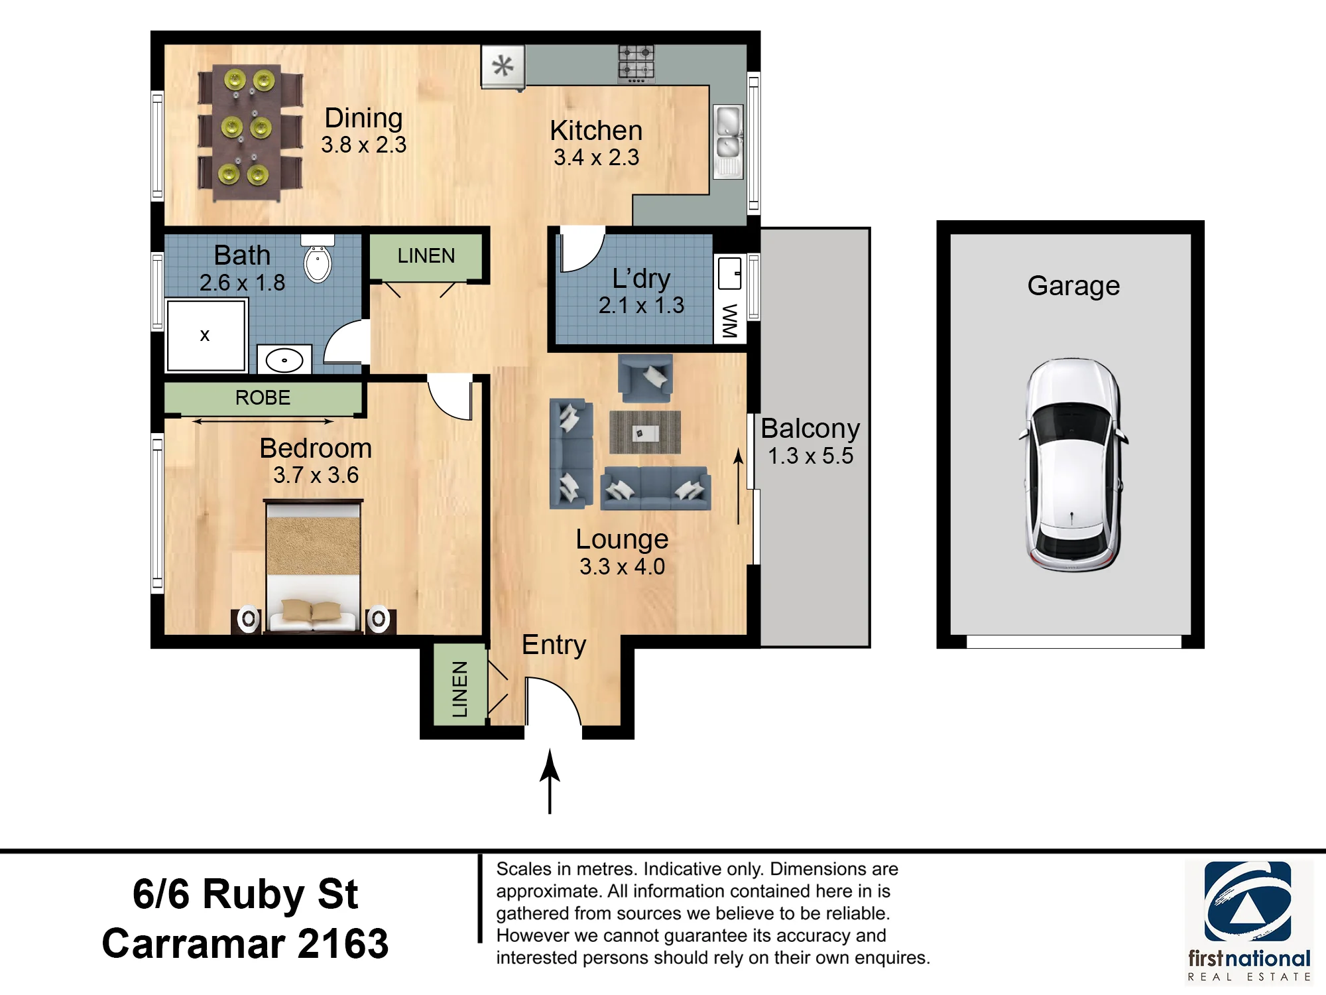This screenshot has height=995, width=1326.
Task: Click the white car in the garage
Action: (1073, 464)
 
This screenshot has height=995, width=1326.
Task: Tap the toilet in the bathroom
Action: (318, 259)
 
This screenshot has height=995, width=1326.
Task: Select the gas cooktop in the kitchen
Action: (636, 63)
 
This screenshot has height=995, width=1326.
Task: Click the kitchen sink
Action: (728, 141)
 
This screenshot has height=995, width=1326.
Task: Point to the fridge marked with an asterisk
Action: (503, 66)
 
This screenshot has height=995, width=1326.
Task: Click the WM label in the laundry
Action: (730, 321)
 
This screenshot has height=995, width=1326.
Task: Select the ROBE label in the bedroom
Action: (263, 397)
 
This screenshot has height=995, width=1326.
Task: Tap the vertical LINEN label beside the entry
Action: (459, 689)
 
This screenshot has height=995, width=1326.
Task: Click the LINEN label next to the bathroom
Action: (426, 255)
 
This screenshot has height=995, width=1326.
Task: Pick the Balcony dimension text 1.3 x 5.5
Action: (810, 456)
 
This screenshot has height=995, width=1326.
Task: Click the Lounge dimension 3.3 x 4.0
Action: (622, 566)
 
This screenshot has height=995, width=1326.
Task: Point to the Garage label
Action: (1073, 286)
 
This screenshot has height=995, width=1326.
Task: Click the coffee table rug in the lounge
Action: (645, 432)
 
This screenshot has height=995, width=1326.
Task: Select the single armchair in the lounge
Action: (645, 379)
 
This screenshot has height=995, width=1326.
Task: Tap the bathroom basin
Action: (284, 360)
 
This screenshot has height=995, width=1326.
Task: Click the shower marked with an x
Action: (206, 335)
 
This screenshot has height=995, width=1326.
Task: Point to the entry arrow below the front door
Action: (550, 781)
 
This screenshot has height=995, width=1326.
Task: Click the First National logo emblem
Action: (1248, 901)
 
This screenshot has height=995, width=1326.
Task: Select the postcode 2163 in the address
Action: (343, 943)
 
